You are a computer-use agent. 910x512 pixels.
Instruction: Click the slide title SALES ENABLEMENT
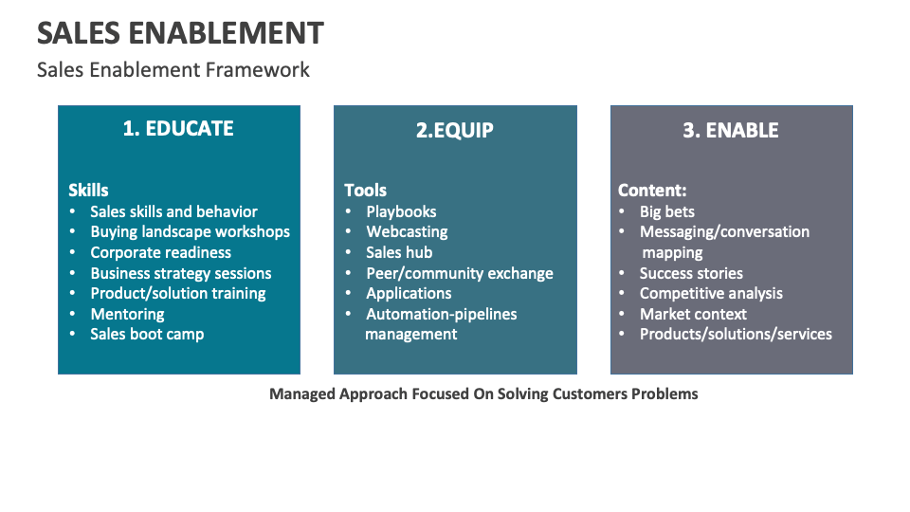tap(180, 33)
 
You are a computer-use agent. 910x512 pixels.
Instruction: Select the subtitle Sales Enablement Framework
tap(173, 69)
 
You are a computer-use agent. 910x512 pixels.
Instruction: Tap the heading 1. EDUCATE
tap(178, 128)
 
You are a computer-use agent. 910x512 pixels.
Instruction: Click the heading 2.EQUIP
tap(454, 130)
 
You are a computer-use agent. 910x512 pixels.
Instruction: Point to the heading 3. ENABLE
tap(731, 130)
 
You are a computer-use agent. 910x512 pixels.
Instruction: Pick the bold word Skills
tap(88, 190)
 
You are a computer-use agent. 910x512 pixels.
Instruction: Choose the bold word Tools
tap(365, 190)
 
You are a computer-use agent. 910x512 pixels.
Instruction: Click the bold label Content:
tap(652, 190)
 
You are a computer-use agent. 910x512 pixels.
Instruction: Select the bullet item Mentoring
tap(127, 314)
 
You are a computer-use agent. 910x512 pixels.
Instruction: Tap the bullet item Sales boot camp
tap(147, 335)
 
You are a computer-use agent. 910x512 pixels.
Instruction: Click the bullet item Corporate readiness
tap(161, 252)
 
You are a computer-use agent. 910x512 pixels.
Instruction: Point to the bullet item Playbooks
tap(401, 211)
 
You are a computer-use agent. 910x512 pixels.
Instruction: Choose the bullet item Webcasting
tap(407, 231)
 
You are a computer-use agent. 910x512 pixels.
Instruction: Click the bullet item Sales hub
tap(399, 252)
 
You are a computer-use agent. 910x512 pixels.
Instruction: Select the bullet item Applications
tap(409, 294)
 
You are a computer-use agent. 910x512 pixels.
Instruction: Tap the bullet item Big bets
tap(666, 211)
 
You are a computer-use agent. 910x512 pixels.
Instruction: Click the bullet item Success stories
tap(691, 273)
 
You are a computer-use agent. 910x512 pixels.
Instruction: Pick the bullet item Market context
tap(693, 314)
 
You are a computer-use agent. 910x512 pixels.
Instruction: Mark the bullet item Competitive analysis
tap(711, 294)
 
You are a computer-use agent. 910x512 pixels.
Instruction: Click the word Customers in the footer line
tap(590, 394)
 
